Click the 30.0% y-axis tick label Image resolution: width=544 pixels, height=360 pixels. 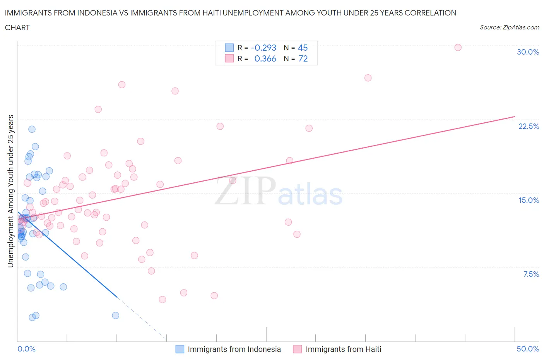click(x=528, y=52)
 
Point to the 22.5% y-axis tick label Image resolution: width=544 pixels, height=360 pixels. click(x=529, y=127)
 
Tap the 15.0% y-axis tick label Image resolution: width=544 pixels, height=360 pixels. click(x=529, y=201)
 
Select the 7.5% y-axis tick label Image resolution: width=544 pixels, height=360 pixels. click(x=531, y=274)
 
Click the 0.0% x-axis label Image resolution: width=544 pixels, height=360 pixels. click(x=26, y=349)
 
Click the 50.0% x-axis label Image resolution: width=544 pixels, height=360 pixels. click(x=528, y=349)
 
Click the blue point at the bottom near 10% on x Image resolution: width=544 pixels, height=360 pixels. click(x=115, y=315)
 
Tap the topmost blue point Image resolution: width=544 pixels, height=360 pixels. click(x=32, y=129)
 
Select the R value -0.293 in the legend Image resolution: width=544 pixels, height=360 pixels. click(x=263, y=48)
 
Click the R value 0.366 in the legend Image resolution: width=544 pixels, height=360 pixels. click(x=265, y=59)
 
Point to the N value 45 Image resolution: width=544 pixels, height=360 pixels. click(x=303, y=48)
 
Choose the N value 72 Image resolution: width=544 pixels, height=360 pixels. click(x=303, y=59)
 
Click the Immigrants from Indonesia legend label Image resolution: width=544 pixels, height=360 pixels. click(x=234, y=349)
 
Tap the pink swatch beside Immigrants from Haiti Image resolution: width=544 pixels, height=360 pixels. click(x=297, y=349)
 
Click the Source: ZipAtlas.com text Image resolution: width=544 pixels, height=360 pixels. click(x=509, y=27)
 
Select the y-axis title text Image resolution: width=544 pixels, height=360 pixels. click(x=11, y=191)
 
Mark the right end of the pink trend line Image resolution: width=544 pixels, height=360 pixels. click(x=515, y=117)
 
